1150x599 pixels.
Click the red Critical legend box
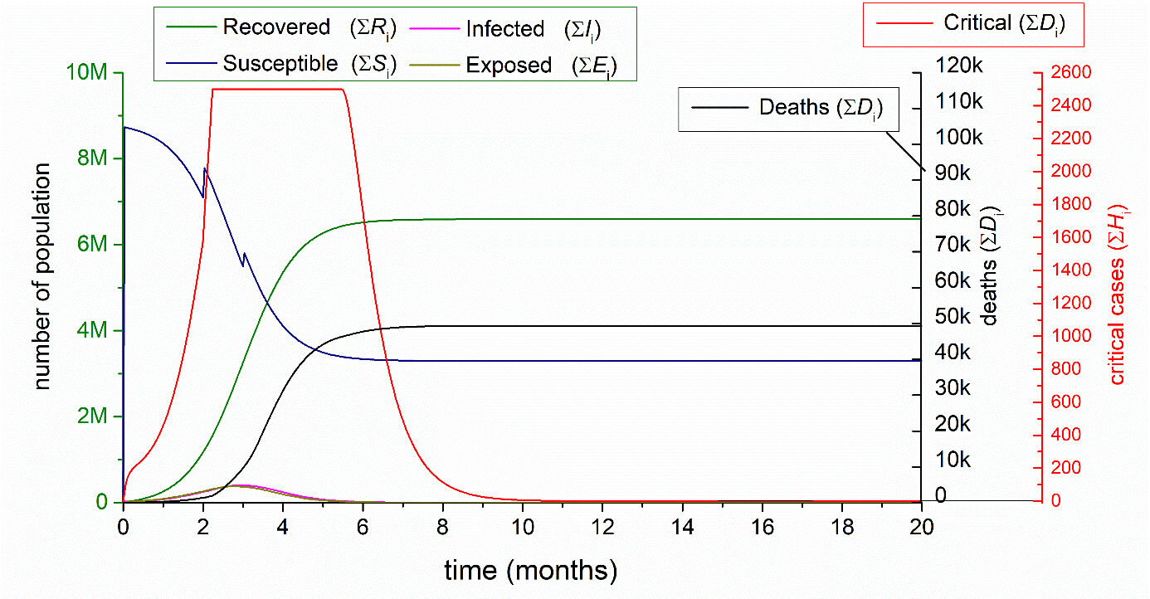tap(974, 24)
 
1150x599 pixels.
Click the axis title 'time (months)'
tap(531, 572)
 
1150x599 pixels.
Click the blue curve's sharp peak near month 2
tap(205, 169)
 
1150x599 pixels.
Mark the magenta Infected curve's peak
tap(241, 485)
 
